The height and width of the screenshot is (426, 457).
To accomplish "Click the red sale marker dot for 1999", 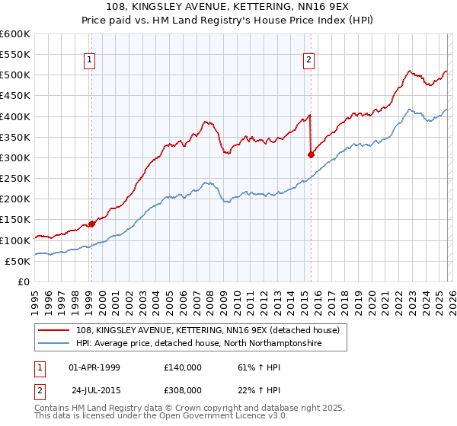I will click(91, 224).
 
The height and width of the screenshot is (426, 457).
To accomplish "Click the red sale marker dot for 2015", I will click(311, 154).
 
